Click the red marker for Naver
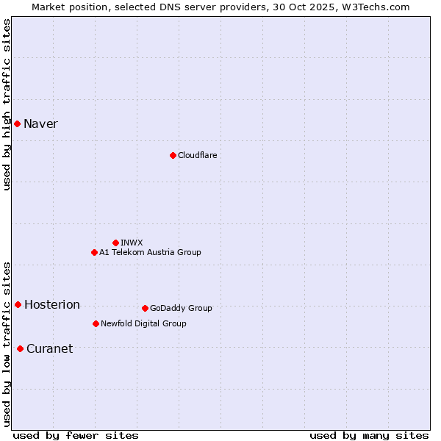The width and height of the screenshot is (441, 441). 17,123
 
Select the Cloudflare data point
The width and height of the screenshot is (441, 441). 173,155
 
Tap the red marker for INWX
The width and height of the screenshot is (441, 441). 115,243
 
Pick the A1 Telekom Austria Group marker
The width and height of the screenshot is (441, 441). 94,252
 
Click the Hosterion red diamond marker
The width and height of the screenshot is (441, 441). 18,304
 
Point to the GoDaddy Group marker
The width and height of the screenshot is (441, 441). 145,308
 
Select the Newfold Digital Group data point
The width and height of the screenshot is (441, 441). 96,323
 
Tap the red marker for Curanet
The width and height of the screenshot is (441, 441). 20,348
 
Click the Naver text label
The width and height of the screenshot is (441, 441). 40,123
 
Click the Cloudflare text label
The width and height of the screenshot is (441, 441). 197,155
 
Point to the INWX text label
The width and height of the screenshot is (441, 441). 132,243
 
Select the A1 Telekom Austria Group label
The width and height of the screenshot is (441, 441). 150,252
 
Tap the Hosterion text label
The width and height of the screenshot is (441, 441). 51,304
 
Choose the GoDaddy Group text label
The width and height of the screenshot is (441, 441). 181,308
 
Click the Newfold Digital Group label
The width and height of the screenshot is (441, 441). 143,323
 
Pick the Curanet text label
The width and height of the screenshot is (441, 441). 49,348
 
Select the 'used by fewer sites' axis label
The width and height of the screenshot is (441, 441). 75,435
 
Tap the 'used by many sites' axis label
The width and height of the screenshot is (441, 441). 369,435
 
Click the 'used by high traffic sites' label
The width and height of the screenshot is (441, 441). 7,104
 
